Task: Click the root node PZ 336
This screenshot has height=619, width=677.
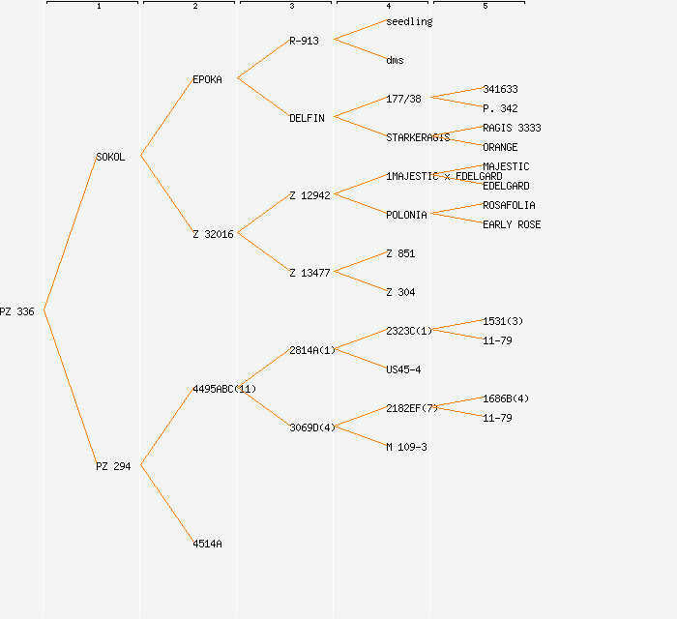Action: [17, 311]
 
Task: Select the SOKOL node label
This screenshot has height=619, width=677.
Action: [110, 157]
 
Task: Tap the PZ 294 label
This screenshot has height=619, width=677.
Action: [113, 466]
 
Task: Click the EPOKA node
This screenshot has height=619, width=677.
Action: [207, 79]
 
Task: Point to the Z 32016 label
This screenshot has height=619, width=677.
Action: [213, 234]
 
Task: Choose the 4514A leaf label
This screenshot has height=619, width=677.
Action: [207, 544]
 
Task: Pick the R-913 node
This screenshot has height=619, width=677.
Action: [304, 41]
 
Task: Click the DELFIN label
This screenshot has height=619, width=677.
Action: [307, 118]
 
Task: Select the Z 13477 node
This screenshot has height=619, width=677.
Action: [309, 273]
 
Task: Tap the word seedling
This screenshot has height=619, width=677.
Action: [409, 21]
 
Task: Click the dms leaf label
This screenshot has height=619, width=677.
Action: [395, 60]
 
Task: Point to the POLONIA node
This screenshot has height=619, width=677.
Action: [406, 215]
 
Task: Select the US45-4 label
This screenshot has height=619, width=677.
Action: [403, 369]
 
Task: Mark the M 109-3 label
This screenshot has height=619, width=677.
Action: [406, 447]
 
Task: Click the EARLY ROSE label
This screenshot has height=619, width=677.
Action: [512, 224]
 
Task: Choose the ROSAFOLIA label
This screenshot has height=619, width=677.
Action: [509, 205]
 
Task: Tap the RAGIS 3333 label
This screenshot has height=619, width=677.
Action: [512, 128]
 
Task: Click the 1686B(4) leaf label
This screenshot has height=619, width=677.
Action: [506, 398]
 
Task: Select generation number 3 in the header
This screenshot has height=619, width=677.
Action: [291, 7]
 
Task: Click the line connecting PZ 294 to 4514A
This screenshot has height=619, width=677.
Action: [166, 504]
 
